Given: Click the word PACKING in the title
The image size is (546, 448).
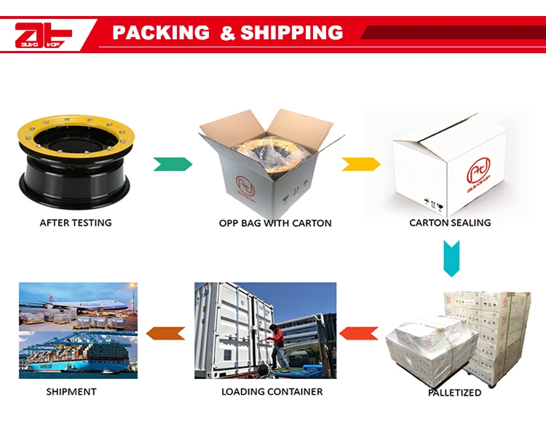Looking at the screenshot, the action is [160, 33].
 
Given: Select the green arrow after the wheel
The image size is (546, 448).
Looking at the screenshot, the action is [173, 164].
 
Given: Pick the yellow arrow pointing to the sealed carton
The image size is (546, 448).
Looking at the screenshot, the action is [361, 164].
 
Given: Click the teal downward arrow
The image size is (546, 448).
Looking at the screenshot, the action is [451, 257].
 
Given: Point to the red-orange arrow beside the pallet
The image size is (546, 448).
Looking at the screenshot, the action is [359, 334].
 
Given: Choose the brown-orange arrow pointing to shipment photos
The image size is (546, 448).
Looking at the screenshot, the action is [165, 334].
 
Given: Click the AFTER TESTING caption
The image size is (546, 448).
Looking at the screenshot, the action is [76, 223].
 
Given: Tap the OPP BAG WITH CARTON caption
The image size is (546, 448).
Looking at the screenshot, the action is [275, 223].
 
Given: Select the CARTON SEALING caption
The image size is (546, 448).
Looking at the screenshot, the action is [450, 223].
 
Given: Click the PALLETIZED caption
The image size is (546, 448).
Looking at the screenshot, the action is [454, 393].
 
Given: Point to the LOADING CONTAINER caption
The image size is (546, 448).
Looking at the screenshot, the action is [272, 392].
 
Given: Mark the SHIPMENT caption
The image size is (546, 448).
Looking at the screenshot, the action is [71, 392].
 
